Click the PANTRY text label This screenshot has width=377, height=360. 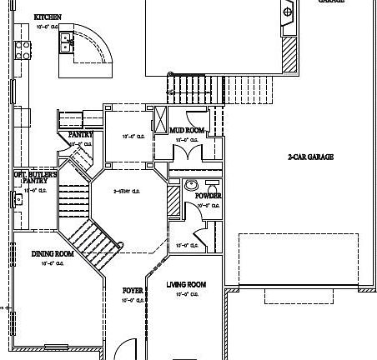point(81,134)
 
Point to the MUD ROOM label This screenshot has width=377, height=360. point(187,131)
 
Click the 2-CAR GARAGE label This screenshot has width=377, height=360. point(311,157)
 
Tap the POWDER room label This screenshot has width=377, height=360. point(208,196)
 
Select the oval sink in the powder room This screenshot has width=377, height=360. point(191,184)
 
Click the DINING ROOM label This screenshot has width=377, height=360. point(53,254)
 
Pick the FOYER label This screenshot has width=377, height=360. point(133,290)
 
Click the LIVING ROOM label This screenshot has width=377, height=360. point(186,285)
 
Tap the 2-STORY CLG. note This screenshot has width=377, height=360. point(126,191)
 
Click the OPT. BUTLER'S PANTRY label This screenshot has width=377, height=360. point(35,177)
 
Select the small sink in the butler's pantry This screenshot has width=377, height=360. point(17,198)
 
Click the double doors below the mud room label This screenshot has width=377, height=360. point(184,151)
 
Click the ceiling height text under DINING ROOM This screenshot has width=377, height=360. point(53,263)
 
